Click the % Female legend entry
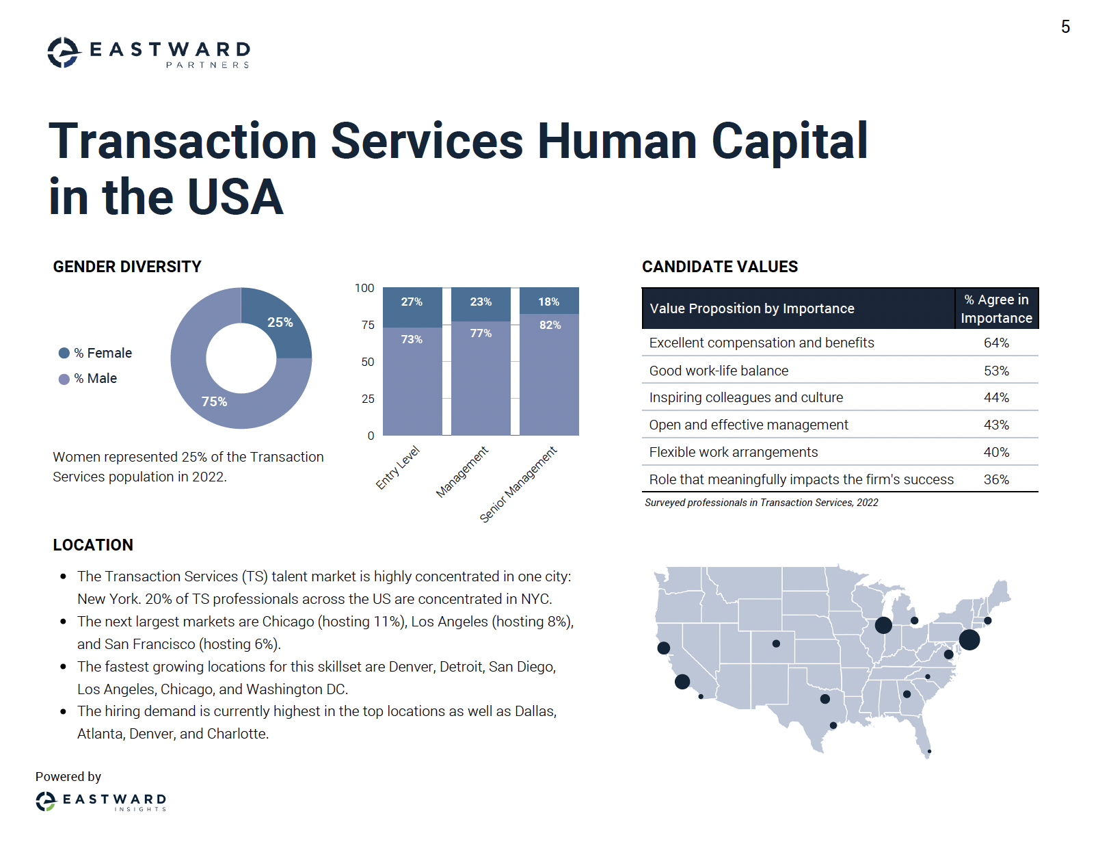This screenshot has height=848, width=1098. click(96, 353)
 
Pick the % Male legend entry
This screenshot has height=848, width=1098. click(88, 378)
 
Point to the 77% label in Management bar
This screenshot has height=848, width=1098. click(481, 333)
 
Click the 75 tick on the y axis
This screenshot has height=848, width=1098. click(368, 325)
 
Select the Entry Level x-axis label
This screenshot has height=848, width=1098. click(397, 468)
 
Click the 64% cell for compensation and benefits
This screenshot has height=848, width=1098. click(995, 343)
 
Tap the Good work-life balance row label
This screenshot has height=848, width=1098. click(718, 371)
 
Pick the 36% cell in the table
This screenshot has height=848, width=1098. click(995, 479)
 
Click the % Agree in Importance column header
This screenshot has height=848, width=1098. click(995, 308)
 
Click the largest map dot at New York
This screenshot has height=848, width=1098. click(969, 640)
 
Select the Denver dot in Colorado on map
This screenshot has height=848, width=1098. click(775, 644)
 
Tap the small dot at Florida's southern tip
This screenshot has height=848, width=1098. click(928, 752)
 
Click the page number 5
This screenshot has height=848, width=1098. click(1064, 27)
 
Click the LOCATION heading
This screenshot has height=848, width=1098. click(93, 545)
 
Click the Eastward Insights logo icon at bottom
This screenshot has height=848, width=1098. click(46, 801)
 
